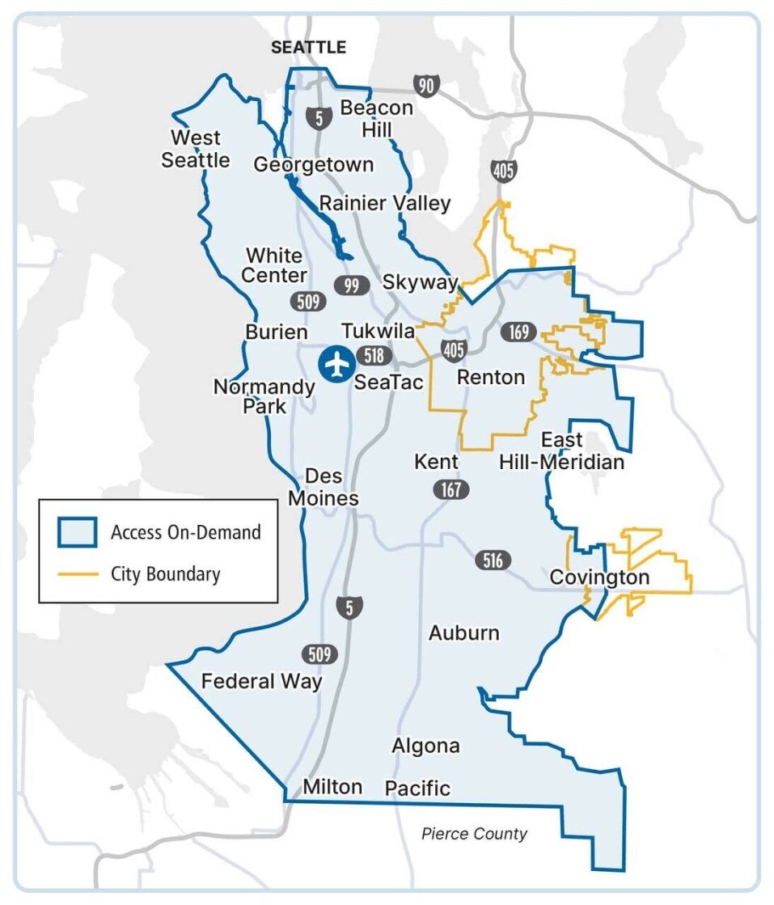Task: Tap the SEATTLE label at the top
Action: pos(308,48)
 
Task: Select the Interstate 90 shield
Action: pos(425,85)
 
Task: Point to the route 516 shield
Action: pos(493,560)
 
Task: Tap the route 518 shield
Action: pos(373,356)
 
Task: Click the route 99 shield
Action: pos(352,285)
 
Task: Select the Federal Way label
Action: pos(261,681)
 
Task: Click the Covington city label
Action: pos(598,577)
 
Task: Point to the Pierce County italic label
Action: pos(474,834)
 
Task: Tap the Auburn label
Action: pos(464,632)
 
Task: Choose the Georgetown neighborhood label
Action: pos(314,165)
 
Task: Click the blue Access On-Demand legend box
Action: pos(77,532)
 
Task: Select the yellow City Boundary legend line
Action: pos(77,574)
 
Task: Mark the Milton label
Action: pos(332,786)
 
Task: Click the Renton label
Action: pos(491,377)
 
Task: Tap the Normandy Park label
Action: pos(264,396)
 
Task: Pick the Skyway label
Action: pos(420,281)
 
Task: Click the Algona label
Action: pos(425,746)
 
